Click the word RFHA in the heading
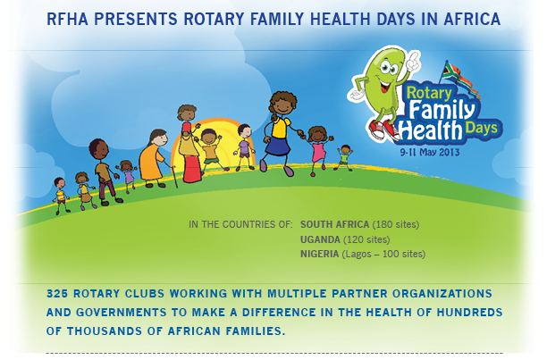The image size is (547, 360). point(67,19)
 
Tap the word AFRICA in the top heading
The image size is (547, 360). point(472,19)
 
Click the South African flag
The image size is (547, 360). point(460,80)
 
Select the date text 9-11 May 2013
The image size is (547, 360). point(430,152)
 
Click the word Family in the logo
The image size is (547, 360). point(442,109)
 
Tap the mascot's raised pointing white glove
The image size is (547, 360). point(414,60)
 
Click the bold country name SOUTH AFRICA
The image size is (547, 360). point(334,224)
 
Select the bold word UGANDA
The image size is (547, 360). point(320,239)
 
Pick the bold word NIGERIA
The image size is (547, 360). point(320,254)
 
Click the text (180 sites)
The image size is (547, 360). point(396,224)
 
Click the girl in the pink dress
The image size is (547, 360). point(318,150)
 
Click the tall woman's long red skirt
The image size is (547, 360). point(192,169)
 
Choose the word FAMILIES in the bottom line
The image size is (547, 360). point(255,331)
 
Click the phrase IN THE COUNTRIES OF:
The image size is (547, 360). point(240,224)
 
